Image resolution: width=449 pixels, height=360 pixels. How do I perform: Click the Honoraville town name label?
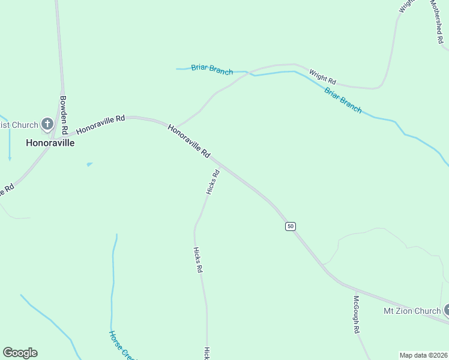(50, 143)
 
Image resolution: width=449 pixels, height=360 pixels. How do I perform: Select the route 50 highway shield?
(291, 226)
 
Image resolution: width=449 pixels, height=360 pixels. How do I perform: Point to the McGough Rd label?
(356, 314)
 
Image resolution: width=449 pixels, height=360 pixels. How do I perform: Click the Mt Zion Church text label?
(412, 311)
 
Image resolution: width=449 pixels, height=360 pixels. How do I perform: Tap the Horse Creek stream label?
(121, 345)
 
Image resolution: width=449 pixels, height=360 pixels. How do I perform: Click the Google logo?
(20, 353)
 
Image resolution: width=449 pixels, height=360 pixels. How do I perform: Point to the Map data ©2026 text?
(423, 355)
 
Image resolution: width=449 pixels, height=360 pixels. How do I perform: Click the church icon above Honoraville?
(47, 125)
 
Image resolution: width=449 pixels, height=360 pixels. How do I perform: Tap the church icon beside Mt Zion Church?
(447, 310)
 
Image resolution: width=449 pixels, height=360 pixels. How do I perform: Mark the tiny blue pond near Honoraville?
(89, 164)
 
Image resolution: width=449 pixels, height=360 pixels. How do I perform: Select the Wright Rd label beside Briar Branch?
(322, 77)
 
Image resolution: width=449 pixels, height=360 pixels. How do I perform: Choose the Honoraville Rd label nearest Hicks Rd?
(188, 141)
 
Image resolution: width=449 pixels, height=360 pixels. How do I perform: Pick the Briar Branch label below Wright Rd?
(343, 100)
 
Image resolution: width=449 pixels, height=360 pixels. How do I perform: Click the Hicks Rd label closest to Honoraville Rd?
(212, 182)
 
